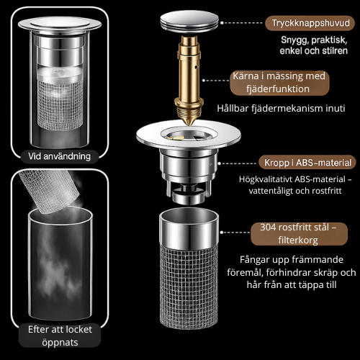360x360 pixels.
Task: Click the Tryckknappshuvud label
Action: (310, 23)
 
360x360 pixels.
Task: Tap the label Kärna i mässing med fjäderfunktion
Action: (279, 83)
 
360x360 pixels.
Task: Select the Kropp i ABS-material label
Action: (307, 163)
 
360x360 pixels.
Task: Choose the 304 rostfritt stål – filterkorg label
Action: (299, 234)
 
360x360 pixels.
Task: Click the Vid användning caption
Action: (60, 156)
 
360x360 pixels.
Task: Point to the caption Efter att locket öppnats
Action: (60, 336)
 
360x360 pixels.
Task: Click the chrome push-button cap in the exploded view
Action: (189, 21)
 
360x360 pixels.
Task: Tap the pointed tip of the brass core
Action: (189, 124)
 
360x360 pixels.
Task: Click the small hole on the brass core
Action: (197, 67)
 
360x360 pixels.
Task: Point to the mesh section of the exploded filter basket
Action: (189, 288)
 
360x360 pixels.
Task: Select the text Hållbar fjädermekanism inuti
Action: (281, 108)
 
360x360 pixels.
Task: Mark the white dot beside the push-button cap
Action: (222, 23)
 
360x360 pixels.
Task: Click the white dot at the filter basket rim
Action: (222, 233)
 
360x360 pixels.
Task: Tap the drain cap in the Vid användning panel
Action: (60, 24)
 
